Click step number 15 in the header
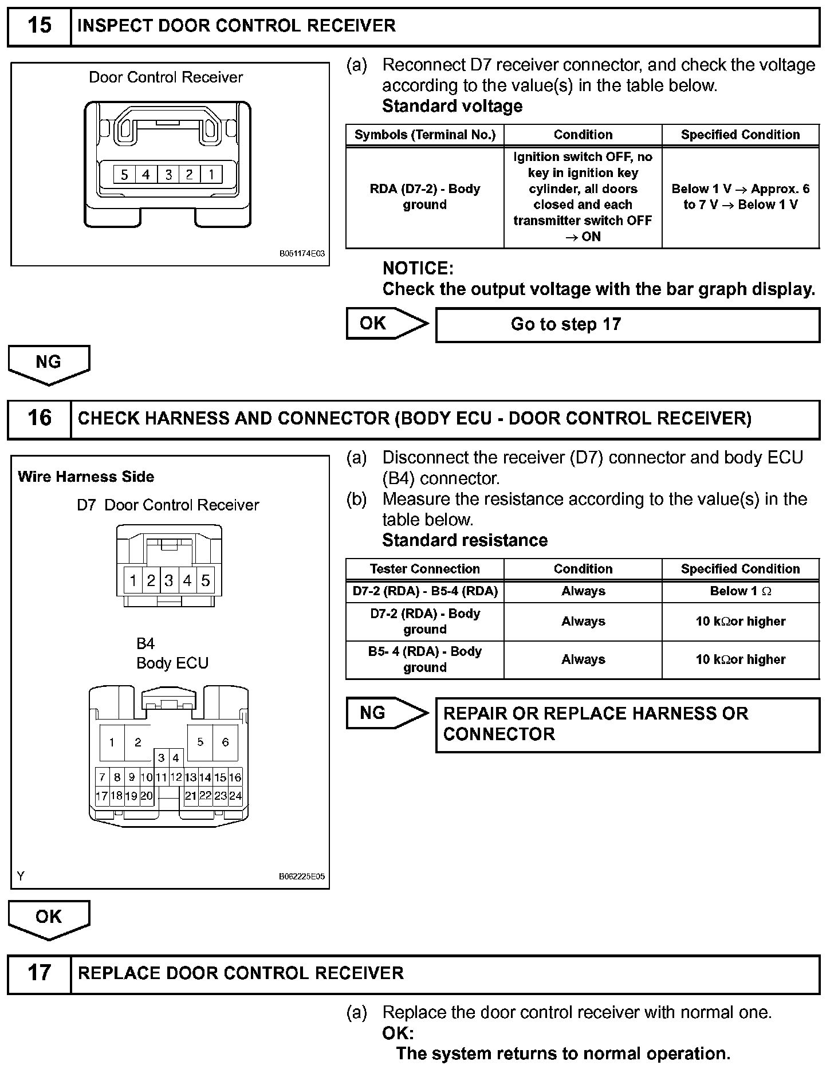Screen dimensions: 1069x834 click(39, 26)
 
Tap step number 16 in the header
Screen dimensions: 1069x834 click(39, 418)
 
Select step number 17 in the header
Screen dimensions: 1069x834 click(39, 973)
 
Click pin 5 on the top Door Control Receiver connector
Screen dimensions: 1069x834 click(124, 174)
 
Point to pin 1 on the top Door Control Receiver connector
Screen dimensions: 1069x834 click(211, 174)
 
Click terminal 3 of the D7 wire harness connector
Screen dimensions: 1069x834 click(169, 581)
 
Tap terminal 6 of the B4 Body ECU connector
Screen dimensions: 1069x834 click(225, 742)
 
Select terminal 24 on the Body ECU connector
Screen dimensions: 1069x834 click(235, 796)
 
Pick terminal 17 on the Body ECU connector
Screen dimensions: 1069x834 click(102, 796)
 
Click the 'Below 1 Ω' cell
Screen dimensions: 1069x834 click(740, 591)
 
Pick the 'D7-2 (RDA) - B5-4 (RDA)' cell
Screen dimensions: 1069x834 click(424, 591)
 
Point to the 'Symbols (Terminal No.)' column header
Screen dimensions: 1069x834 click(424, 135)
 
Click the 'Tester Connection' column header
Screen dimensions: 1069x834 click(424, 569)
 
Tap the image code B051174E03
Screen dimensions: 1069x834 click(302, 253)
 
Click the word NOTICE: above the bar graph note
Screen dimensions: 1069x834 click(418, 268)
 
